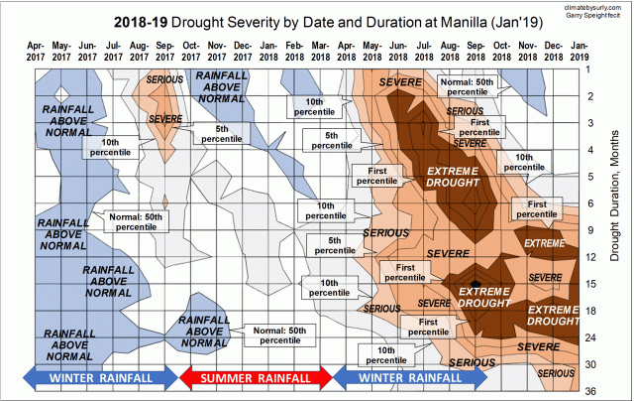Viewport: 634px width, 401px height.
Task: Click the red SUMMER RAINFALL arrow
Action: pos(256,378)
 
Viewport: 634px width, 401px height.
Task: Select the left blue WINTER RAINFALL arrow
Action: pos(98,378)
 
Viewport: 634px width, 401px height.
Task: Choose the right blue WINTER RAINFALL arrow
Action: pos(412,378)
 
